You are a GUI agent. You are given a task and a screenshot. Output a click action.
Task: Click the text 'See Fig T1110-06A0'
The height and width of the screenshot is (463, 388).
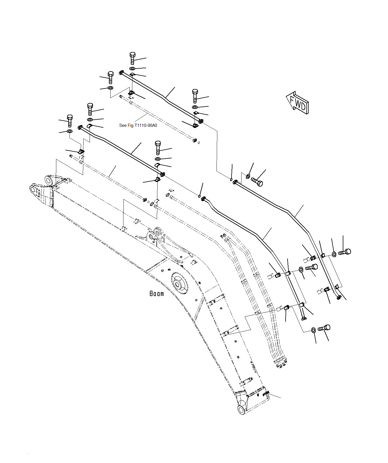(138, 125)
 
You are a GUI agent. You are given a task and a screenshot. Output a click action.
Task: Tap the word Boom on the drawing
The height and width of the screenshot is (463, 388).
(157, 293)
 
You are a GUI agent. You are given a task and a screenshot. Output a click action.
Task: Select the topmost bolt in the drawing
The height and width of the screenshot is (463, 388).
(133, 58)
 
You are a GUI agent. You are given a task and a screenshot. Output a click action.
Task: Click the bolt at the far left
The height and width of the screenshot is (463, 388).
(70, 121)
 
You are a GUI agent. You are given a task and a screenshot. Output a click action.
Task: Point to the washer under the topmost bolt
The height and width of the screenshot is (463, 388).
(133, 69)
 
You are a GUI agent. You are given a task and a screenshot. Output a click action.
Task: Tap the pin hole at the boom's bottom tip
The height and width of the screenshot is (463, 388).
(242, 410)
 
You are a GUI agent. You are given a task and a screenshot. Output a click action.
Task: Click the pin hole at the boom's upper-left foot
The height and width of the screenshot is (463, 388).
(33, 189)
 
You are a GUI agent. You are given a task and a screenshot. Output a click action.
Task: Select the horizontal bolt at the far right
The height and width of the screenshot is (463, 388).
(345, 252)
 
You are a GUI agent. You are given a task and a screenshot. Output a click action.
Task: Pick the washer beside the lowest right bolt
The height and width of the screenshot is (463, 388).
(313, 330)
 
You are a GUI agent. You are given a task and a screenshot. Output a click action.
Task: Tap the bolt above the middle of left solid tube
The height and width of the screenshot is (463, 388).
(158, 147)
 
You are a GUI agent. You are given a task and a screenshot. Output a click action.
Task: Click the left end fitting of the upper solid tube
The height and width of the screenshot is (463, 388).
(121, 73)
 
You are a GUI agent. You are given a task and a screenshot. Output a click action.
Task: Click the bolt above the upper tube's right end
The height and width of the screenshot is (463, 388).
(195, 96)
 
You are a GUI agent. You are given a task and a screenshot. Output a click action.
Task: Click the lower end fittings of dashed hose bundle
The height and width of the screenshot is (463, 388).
(280, 363)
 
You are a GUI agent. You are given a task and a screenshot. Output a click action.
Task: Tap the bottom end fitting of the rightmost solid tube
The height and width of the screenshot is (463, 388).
(339, 297)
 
